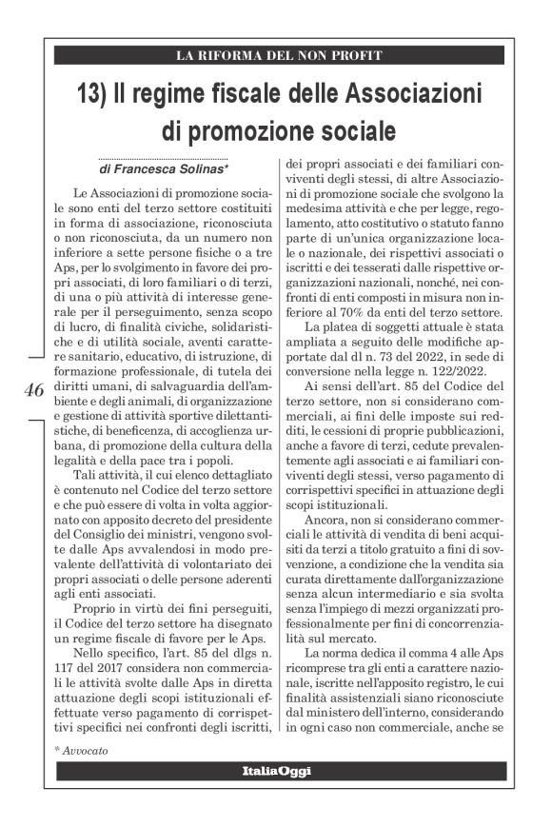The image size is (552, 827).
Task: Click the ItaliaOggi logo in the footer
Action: pos(275,770)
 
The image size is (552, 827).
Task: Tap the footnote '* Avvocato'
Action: pos(81,749)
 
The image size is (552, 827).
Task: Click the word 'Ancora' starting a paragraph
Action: pos(325,522)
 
